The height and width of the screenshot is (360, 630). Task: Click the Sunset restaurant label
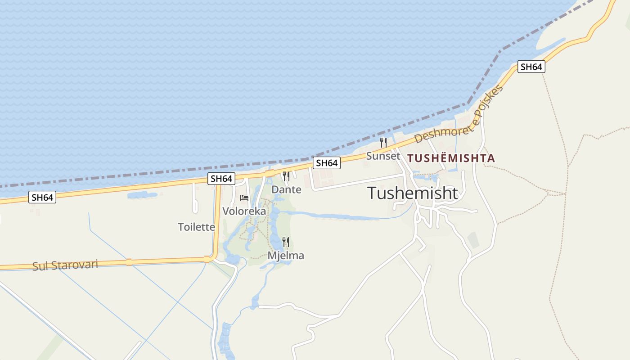383,156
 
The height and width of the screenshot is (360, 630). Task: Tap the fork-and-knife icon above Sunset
383,143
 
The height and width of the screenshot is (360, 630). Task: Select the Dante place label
286,189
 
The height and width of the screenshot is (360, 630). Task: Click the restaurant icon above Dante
286,176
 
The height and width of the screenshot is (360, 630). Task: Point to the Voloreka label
244,211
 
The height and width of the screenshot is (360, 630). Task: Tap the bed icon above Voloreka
244,198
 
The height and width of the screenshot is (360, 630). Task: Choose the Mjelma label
286,256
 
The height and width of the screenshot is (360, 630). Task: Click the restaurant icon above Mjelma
286,242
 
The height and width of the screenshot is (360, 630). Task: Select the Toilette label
197,227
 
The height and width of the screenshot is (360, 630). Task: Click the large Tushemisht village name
413,193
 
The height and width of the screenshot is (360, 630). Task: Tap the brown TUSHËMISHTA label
451,158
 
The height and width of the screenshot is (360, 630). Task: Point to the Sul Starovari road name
65,265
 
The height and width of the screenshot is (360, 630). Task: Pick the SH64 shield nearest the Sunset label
327,163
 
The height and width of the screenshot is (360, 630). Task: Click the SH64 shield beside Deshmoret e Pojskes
531,67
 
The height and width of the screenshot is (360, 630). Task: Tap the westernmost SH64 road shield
43,197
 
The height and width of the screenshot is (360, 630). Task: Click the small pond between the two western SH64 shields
142,195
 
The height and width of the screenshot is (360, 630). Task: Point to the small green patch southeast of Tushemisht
473,240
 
